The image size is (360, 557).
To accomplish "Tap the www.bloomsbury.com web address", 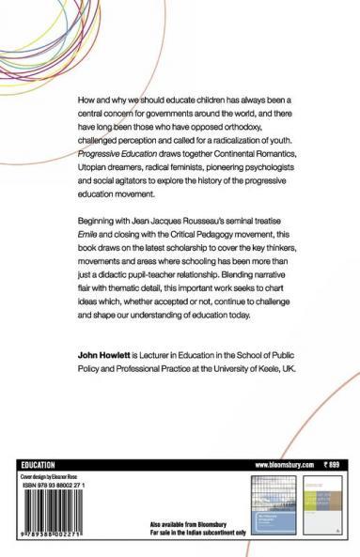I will click(283, 439).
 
